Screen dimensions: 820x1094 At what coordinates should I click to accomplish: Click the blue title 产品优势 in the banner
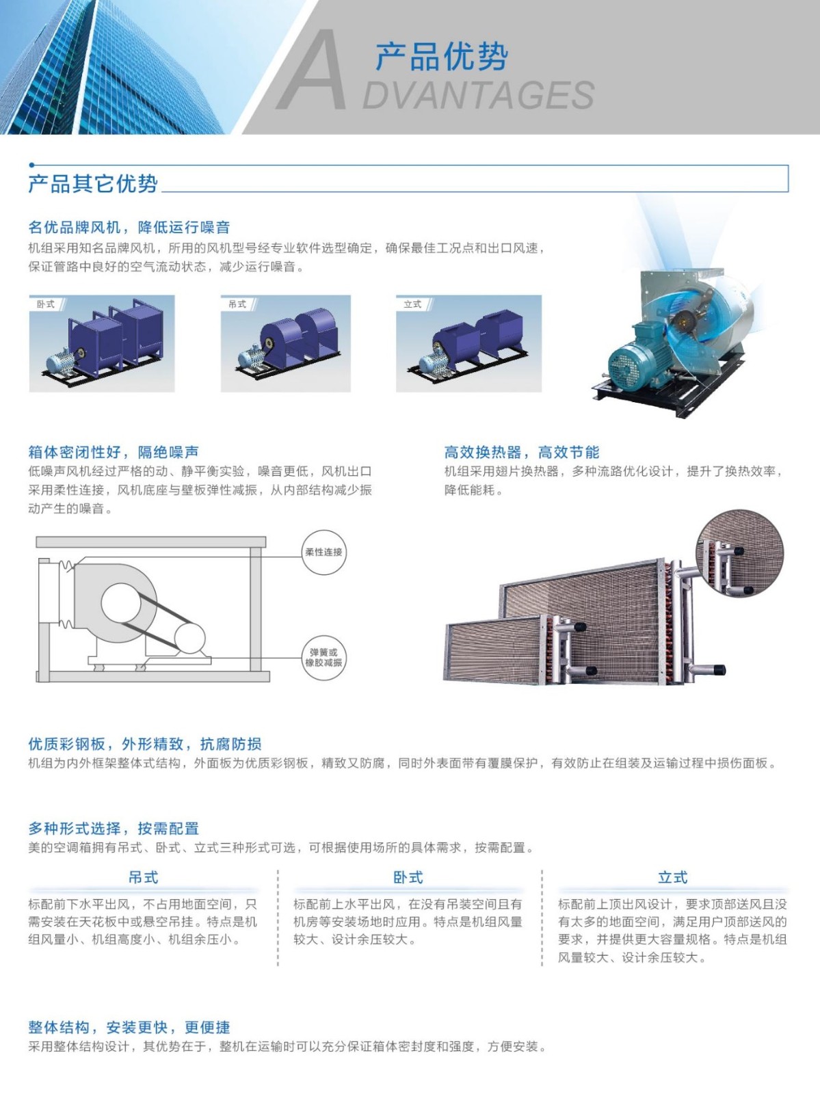[441, 56]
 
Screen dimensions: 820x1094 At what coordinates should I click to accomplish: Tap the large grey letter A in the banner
[312, 71]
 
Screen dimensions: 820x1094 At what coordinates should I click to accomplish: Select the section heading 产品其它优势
[93, 184]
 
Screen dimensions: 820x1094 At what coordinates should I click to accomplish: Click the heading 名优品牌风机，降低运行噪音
[129, 227]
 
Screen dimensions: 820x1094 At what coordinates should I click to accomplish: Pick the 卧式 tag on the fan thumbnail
[45, 304]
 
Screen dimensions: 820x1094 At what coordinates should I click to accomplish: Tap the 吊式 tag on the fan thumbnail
[237, 304]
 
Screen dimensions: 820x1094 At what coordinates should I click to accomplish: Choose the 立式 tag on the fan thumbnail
[412, 304]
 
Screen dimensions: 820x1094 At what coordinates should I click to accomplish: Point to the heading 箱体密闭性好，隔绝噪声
[114, 452]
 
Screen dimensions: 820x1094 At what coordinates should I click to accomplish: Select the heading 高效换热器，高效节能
[522, 452]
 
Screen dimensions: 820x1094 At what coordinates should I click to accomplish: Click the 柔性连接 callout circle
[324, 552]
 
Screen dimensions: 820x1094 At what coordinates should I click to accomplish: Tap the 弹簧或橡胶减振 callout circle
[324, 657]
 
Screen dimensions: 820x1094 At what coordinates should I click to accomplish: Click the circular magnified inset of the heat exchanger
[740, 553]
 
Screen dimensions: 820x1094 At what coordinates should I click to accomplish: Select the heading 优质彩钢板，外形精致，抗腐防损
[145, 744]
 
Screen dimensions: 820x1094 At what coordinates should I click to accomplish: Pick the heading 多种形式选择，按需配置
[114, 828]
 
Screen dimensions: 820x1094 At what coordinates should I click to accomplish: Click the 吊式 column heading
[144, 877]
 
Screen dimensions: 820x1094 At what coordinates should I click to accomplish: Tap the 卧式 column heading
[408, 877]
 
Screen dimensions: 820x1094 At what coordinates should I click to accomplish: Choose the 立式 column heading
[672, 877]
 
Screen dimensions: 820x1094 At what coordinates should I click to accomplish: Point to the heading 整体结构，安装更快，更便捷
[129, 1027]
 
